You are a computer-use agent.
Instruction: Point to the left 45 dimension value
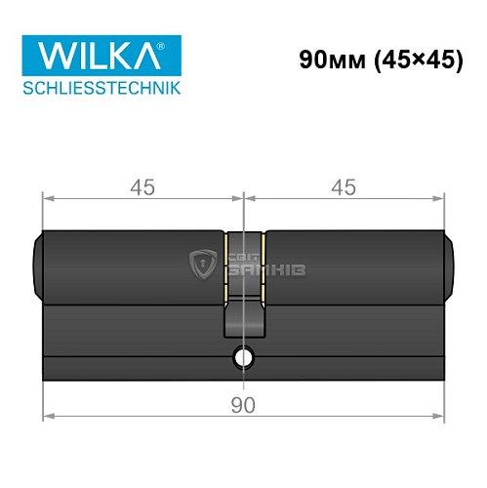[142, 184]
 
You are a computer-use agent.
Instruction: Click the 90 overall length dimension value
[244, 404]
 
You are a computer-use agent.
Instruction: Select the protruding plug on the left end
[37, 263]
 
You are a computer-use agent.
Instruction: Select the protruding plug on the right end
[452, 263]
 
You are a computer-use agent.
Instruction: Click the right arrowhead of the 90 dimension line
[441, 418]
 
